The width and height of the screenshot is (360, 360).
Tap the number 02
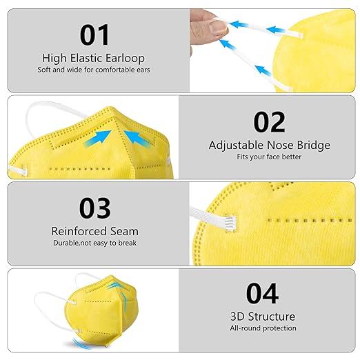269,121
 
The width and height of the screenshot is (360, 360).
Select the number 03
95,208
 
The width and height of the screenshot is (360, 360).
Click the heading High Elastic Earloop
95,58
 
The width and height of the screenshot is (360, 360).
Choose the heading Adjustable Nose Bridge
269,146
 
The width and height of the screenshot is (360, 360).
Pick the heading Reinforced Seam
95,232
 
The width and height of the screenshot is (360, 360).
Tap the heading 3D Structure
263,317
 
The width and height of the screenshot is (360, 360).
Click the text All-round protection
263,328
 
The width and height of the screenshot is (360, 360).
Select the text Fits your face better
269,157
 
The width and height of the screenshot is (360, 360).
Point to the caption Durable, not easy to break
95,243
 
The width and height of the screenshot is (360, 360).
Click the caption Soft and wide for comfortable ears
95,70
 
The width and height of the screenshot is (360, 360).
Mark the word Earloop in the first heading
130,58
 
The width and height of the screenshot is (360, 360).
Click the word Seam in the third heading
124,232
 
